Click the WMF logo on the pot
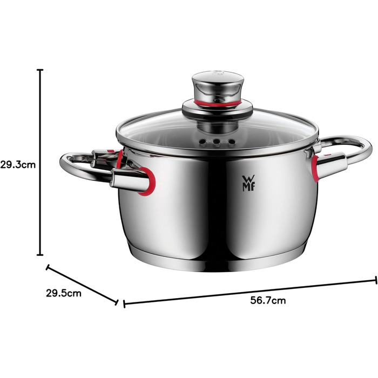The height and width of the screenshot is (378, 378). pyautogui.click(x=248, y=183)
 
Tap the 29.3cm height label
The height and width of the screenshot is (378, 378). pyautogui.click(x=18, y=165)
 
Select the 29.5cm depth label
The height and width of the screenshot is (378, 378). pyautogui.click(x=64, y=293)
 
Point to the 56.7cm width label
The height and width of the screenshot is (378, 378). pyautogui.click(x=268, y=300)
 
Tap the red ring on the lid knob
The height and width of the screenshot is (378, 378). pyautogui.click(x=218, y=103)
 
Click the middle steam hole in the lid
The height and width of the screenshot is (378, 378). pyautogui.click(x=217, y=141)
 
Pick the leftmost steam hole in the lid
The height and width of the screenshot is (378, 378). pyautogui.click(x=203, y=141)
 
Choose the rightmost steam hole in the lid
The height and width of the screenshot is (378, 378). pyautogui.click(x=232, y=141)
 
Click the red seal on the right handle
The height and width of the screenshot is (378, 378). pyautogui.click(x=315, y=168)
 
